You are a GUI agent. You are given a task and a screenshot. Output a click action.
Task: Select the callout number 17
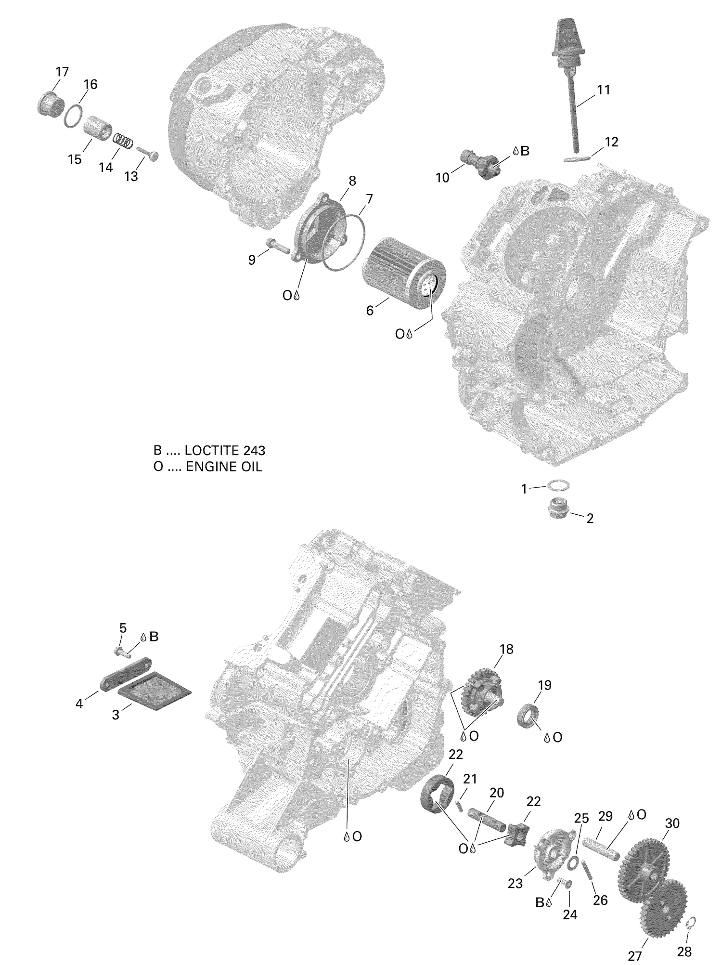click(62, 72)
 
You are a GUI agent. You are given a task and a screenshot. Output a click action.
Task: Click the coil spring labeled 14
click(123, 141)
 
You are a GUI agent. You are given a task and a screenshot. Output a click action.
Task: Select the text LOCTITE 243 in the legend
click(225, 451)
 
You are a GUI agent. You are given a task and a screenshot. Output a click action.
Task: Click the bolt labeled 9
click(276, 246)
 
